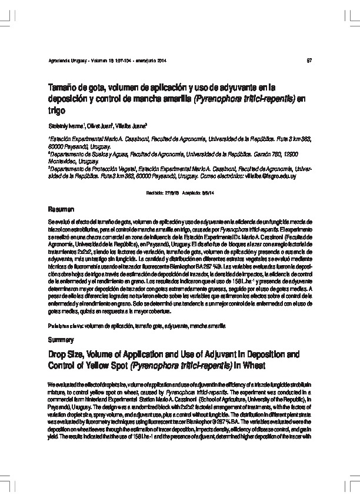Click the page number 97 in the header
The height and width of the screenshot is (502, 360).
[x=309, y=61]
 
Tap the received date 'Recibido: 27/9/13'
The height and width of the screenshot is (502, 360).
[x=161, y=192]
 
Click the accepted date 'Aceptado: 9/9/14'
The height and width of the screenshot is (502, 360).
[x=200, y=192]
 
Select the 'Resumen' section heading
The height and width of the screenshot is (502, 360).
[x=61, y=209]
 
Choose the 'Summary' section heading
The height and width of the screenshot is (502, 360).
[x=61, y=340]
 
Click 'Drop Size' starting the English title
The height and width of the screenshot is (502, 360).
[x=67, y=355]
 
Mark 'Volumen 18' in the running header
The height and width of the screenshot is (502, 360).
[x=105, y=61]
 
